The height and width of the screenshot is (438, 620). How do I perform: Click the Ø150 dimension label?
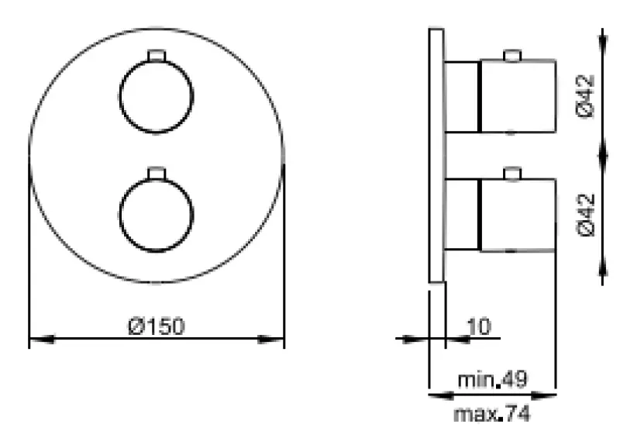pyautogui.click(x=157, y=326)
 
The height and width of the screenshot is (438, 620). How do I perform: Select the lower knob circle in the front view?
pyautogui.click(x=157, y=214)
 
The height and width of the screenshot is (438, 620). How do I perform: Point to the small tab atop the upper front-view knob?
pyautogui.click(x=157, y=54)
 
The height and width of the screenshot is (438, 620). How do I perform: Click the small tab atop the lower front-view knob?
pyautogui.click(x=157, y=172)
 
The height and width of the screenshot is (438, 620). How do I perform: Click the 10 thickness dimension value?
pyautogui.click(x=480, y=326)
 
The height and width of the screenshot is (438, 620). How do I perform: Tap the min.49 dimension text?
pyautogui.click(x=492, y=380)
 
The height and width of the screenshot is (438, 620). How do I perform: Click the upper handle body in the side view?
pyautogui.click(x=518, y=95)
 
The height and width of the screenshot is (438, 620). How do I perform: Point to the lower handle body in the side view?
pyautogui.click(x=518, y=215)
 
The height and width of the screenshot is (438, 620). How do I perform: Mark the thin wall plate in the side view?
pyautogui.click(x=436, y=155)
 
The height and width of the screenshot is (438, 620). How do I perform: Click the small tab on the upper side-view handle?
pyautogui.click(x=511, y=54)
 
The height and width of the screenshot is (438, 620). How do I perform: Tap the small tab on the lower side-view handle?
pyautogui.click(x=511, y=174)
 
